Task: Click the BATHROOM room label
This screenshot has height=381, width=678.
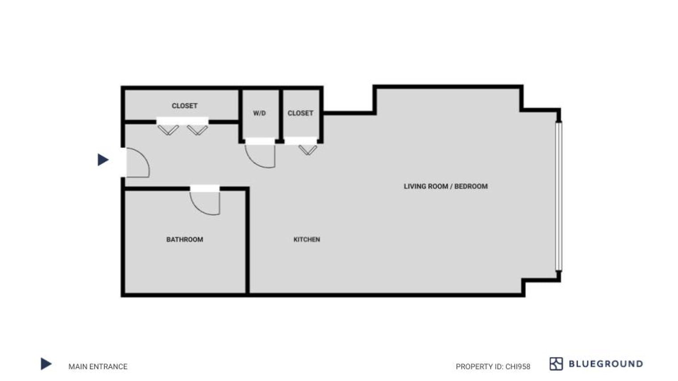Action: point(185,239)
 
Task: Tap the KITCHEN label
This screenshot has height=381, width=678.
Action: point(306,239)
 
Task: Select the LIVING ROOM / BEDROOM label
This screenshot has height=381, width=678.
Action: point(446,186)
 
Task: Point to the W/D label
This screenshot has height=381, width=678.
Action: point(260,113)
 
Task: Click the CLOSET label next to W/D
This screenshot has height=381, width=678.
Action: point(300,113)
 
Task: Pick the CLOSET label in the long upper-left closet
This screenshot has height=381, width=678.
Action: point(184,106)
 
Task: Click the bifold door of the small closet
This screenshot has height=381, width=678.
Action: point(308,150)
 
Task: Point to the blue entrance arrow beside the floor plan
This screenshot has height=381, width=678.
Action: point(103,160)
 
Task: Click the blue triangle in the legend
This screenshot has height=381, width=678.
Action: point(45,364)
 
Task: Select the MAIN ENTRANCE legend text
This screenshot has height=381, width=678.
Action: point(98,366)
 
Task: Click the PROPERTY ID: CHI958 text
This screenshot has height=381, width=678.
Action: point(493,366)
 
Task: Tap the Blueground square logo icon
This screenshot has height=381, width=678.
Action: point(556,364)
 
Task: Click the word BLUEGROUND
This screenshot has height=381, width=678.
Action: point(606,364)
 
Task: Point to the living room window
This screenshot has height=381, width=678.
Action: point(559,196)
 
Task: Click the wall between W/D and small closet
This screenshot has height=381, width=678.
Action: point(281,115)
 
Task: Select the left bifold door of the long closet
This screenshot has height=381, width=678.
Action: point(168,130)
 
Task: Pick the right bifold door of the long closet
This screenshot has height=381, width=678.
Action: point(197,130)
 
